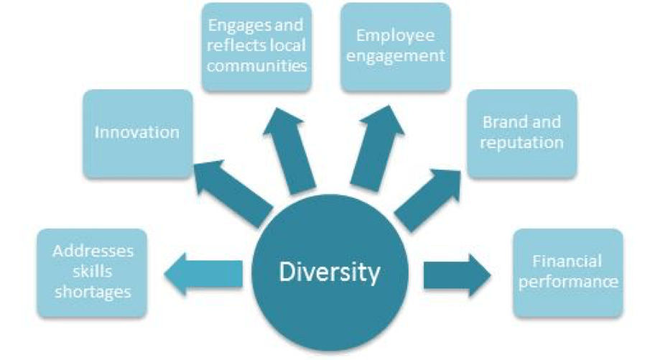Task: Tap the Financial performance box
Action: point(567,271)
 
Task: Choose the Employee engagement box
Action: point(396,46)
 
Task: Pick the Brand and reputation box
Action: point(521,133)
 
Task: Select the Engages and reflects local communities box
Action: point(256,46)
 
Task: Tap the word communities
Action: point(256,66)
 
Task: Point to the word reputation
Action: point(521,142)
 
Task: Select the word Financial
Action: point(567,261)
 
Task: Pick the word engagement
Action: point(396,56)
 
